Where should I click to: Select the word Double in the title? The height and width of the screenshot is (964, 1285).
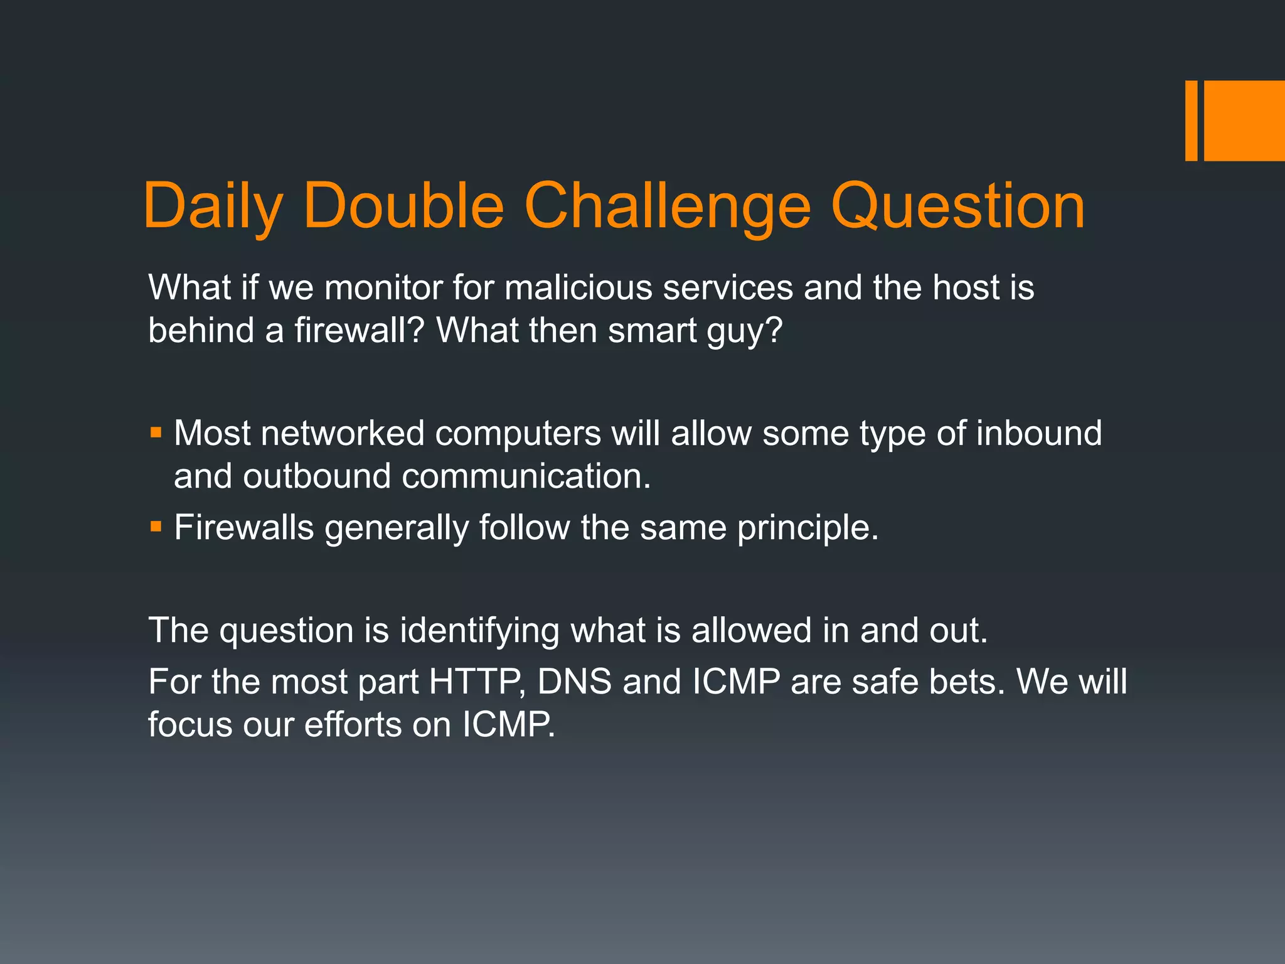point(403,206)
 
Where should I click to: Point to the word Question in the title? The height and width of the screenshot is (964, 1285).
point(958,206)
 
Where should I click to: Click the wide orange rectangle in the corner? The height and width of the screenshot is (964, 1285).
point(1244,120)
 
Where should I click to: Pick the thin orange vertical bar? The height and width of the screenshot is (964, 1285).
point(1191,120)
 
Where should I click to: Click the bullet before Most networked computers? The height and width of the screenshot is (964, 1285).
point(156,432)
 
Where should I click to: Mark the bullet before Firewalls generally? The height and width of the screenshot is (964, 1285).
point(156,526)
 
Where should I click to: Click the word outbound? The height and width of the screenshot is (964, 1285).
point(316,476)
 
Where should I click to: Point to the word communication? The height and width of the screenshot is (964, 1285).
point(526,476)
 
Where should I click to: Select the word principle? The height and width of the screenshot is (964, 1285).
point(808,528)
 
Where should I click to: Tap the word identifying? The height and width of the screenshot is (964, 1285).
point(479,631)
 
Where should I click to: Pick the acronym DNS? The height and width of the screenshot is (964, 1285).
point(574,682)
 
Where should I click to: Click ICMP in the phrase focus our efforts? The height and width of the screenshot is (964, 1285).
point(508,725)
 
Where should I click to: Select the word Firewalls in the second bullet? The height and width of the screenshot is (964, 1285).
point(243,527)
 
